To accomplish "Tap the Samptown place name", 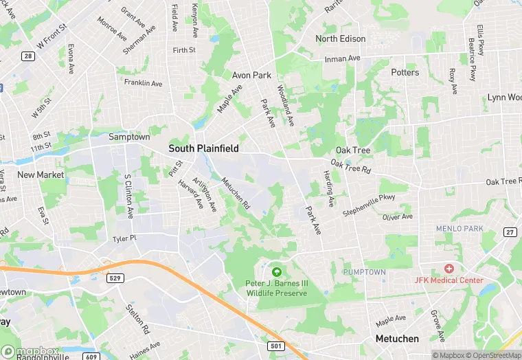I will click(x=129, y=137).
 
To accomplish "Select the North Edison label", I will click(x=341, y=39).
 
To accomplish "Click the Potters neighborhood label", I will click(x=405, y=72).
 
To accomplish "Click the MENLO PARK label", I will click(x=459, y=228).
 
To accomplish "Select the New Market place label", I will click(x=36, y=175).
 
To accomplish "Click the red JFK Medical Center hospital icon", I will click(x=449, y=269).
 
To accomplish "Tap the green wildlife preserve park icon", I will click(x=277, y=273).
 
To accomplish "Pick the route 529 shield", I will click(x=115, y=277).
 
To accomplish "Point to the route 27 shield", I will click(x=510, y=232).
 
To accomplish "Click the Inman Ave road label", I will click(x=343, y=58).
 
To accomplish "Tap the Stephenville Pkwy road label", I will click(x=370, y=205).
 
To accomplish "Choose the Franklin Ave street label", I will click(x=143, y=83).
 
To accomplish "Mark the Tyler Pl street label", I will click(x=125, y=238).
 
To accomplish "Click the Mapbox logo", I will click(x=30, y=351).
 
